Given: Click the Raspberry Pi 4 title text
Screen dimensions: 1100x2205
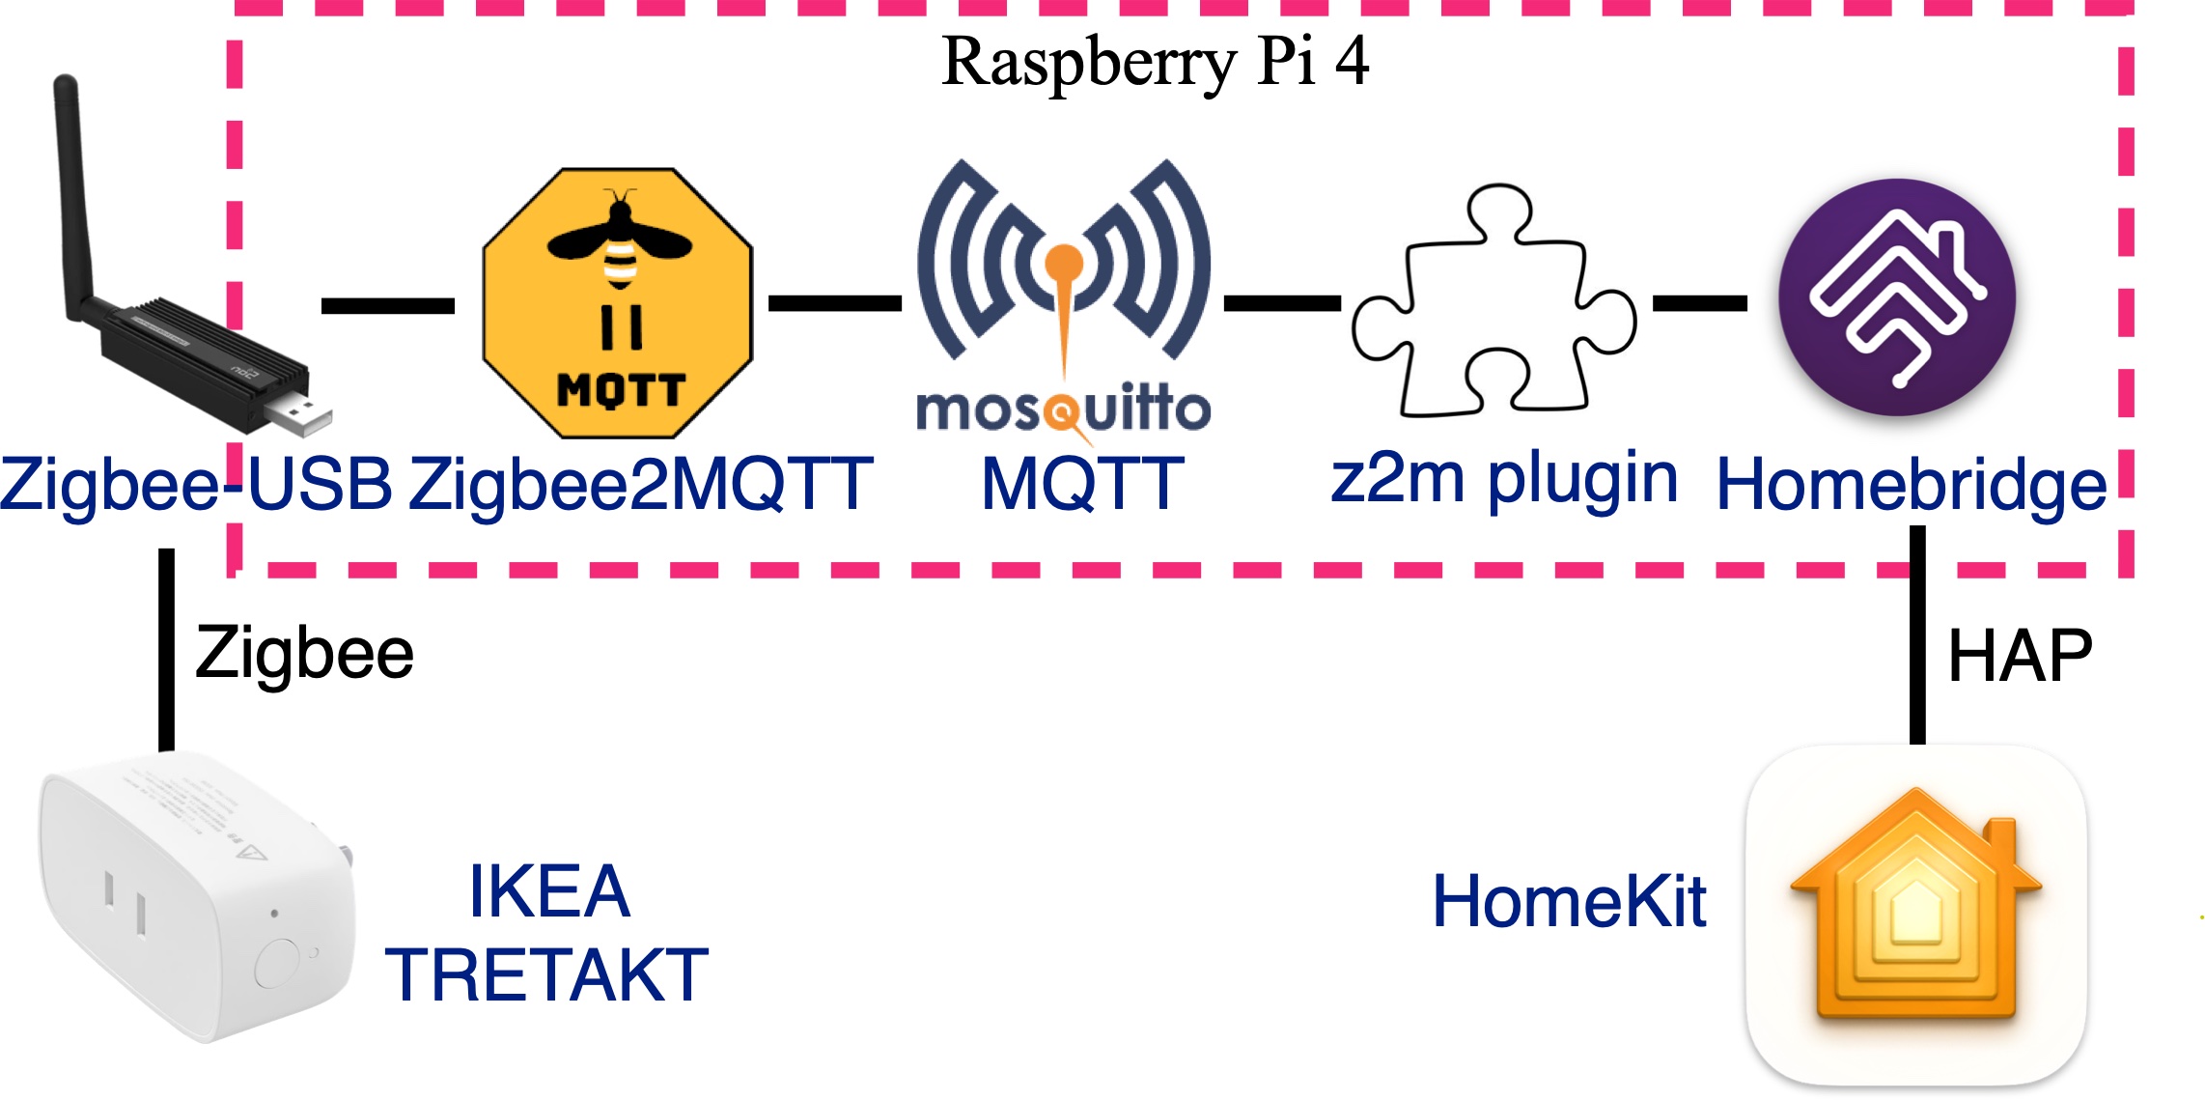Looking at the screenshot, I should pos(1155,62).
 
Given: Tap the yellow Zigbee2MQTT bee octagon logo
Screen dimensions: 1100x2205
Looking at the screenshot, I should pos(618,302).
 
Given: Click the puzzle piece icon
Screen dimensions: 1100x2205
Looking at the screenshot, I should pos(1494,302).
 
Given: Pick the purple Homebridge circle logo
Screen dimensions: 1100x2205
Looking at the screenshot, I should pos(1897,296).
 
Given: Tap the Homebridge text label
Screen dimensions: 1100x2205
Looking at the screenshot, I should pos(1912,485).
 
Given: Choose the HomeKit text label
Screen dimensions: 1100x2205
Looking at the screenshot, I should pos(1570,902).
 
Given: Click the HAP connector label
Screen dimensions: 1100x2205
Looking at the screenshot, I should pos(2020,657).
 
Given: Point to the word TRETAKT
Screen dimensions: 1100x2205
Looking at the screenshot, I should pos(547,975).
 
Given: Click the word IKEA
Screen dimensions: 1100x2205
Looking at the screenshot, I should pos(548,891).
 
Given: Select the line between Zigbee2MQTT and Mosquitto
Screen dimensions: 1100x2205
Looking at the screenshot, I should pos(834,303).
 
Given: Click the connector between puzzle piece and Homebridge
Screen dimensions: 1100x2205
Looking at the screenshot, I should pos(1700,303).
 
